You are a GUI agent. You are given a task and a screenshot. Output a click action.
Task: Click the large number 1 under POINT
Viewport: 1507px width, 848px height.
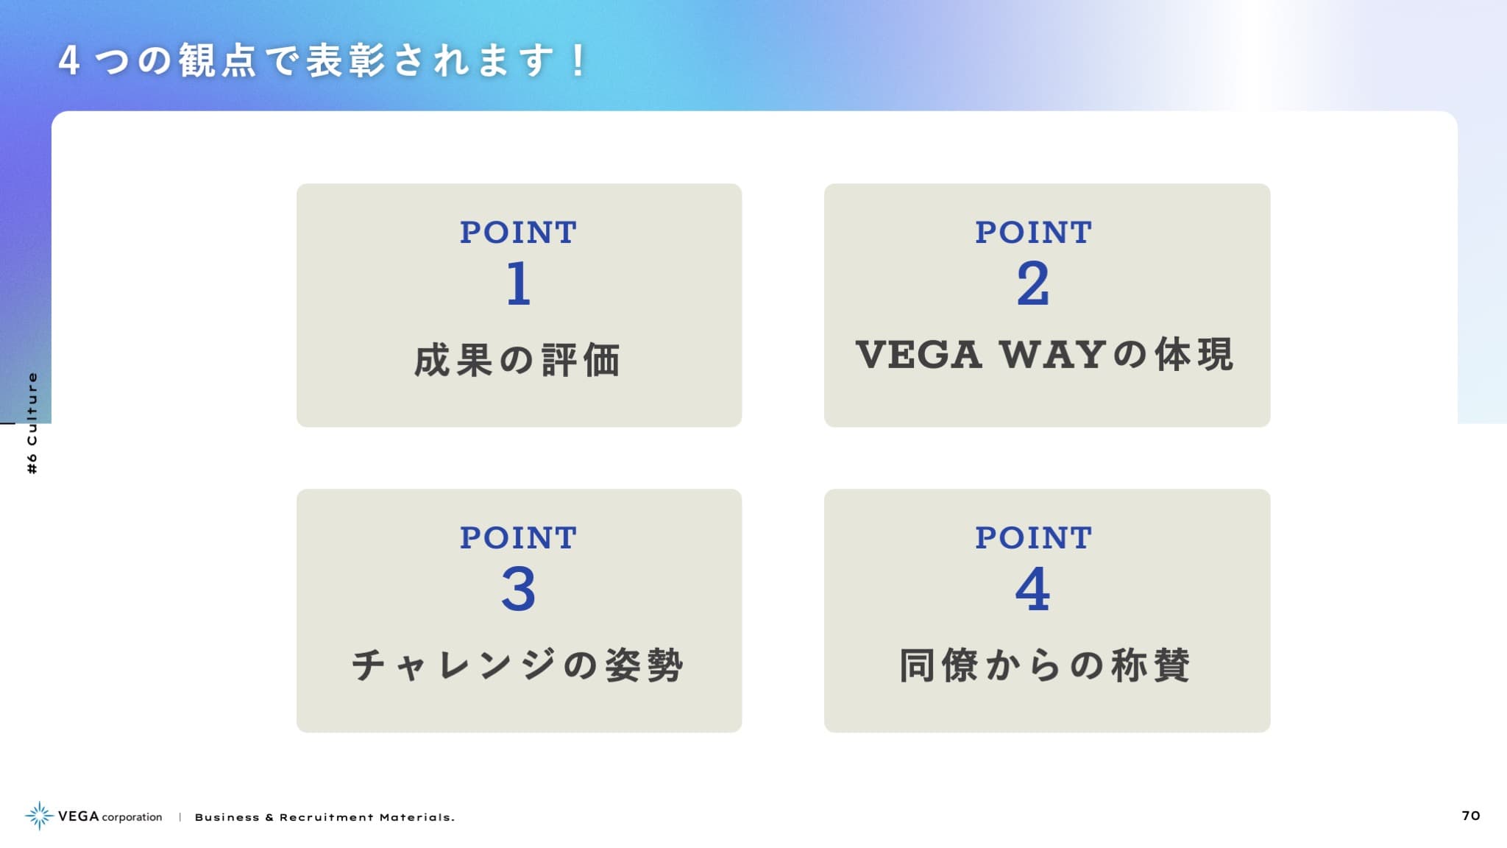[519, 283]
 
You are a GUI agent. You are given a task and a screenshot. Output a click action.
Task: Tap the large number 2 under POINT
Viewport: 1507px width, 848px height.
[1033, 283]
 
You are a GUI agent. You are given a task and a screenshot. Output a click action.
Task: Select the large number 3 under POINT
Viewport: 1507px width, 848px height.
[519, 589]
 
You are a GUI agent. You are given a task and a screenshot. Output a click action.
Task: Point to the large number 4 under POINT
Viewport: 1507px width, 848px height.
[1032, 589]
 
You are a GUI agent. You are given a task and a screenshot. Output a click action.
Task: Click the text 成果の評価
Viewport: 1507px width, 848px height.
[518, 361]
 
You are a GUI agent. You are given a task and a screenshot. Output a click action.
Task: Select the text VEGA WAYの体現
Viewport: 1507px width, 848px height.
[1045, 355]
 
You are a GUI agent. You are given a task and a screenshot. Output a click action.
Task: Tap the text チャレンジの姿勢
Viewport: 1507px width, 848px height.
[518, 665]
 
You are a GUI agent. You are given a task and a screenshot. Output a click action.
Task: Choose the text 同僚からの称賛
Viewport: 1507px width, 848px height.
[1045, 665]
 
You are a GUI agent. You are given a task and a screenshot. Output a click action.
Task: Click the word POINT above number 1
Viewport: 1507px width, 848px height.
[519, 233]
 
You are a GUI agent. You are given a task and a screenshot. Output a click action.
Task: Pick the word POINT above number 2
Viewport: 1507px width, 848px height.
[1034, 233]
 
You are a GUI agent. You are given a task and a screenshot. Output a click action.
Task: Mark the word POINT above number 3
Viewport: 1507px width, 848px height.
[519, 538]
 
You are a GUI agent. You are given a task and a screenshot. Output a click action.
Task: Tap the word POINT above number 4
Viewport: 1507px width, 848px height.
[1034, 538]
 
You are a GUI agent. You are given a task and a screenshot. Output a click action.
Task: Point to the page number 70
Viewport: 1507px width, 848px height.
[1471, 816]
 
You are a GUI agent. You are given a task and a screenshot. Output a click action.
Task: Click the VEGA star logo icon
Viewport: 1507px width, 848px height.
[39, 816]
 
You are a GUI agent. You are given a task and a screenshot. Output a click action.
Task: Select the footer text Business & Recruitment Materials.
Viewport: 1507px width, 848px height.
[325, 817]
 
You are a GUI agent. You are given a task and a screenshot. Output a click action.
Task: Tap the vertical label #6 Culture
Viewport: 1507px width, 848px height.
[32, 423]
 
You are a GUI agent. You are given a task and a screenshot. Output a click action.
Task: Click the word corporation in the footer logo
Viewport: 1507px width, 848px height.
[132, 817]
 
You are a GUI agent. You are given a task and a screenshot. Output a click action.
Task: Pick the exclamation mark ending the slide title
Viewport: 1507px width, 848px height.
[578, 60]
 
